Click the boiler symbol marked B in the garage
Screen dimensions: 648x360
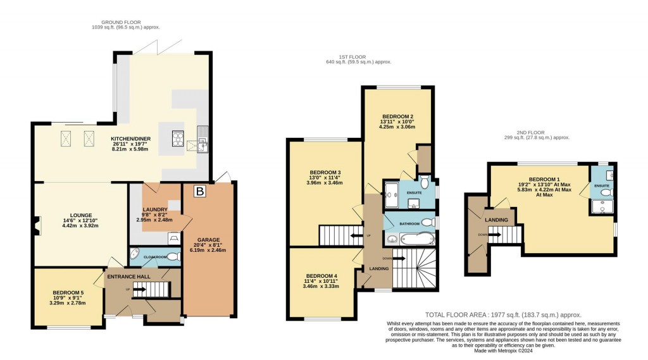pos(200,191)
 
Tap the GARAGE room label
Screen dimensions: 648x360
pos(208,240)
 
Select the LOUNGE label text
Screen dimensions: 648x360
pos(81,215)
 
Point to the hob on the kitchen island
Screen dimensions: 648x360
pos(178,139)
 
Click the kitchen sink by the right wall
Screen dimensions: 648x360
pos(202,139)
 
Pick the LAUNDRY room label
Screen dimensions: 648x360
pos(154,209)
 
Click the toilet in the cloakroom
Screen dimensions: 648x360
pos(173,257)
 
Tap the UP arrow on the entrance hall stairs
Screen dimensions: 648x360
pos(139,289)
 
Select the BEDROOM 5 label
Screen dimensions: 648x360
pos(68,293)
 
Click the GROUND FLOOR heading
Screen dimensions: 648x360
pos(121,22)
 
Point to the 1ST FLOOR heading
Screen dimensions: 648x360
pos(352,57)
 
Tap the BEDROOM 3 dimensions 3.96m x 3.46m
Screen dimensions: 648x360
pos(325,183)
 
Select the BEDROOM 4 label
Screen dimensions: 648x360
pos(321,276)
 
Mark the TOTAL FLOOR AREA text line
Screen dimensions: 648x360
pos(503,315)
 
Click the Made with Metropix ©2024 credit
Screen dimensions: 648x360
pos(503,351)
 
